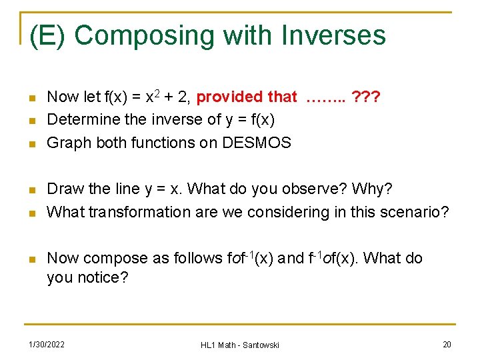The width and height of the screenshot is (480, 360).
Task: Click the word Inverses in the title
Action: pyautogui.click(x=331, y=35)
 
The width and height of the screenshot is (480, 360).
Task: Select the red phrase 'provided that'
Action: pyautogui.click(x=247, y=97)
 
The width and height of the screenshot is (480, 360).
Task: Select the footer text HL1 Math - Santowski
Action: pyautogui.click(x=240, y=345)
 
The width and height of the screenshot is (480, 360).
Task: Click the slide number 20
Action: pyautogui.click(x=446, y=344)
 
